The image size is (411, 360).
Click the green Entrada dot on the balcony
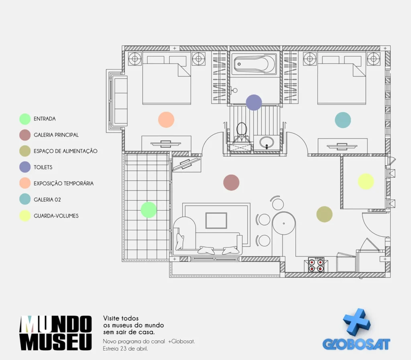[149, 210]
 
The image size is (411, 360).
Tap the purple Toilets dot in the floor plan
[254, 102]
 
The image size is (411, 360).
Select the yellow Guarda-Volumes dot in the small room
[366, 181]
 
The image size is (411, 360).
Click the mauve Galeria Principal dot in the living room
[231, 182]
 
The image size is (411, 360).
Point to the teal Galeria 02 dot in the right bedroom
[343, 120]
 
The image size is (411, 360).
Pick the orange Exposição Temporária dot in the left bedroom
[166, 120]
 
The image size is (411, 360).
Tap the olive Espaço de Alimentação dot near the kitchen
[324, 214]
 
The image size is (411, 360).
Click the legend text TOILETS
[43, 167]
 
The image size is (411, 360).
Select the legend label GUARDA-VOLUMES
[56, 216]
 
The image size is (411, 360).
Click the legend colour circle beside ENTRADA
[25, 119]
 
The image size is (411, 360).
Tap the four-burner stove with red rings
[316, 265]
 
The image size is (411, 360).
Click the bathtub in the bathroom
[254, 64]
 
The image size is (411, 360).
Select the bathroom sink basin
[267, 143]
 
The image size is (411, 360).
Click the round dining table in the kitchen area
[284, 223]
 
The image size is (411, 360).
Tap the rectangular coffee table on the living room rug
[216, 221]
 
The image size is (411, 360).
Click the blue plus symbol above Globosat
[357, 322]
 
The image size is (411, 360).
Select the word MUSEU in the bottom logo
[55, 342]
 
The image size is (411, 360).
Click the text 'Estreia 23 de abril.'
[125, 348]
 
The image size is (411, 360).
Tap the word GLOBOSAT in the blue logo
[356, 344]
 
